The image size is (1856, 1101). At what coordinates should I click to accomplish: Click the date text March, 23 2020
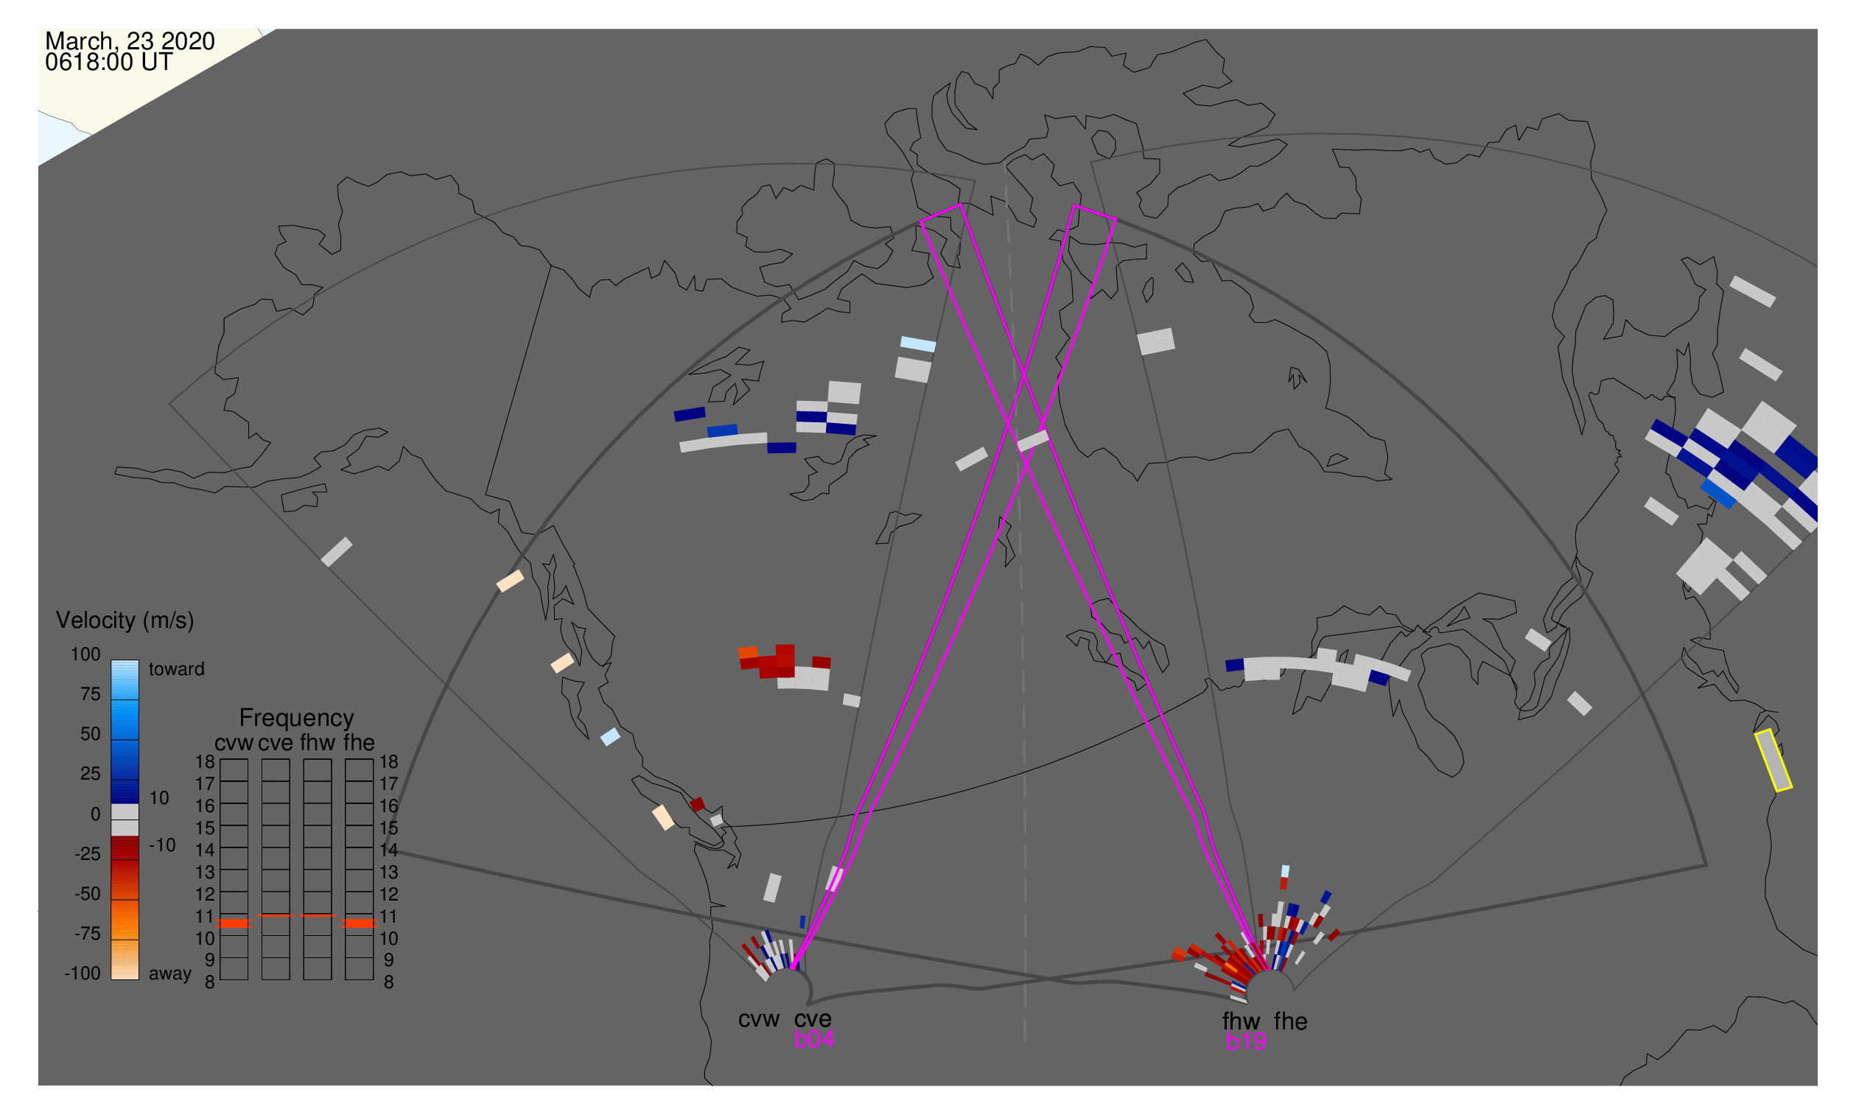(130, 41)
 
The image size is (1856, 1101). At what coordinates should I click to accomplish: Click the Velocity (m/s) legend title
(125, 621)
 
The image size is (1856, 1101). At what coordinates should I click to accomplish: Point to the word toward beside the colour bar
(177, 670)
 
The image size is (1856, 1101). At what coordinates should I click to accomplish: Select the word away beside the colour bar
(170, 974)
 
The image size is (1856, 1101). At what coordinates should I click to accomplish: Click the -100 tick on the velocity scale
(83, 974)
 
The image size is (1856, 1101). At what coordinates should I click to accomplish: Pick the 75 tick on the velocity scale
(91, 694)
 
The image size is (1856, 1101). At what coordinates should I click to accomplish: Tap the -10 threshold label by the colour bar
(162, 846)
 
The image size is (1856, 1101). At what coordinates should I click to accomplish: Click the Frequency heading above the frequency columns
(297, 719)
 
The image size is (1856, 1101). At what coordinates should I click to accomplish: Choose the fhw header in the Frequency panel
(318, 744)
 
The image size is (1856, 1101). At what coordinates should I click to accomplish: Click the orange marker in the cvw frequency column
(234, 924)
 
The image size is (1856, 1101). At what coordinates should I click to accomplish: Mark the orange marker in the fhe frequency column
(360, 924)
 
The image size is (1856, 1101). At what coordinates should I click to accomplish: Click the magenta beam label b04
(814, 1040)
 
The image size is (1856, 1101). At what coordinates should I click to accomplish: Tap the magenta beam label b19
(1246, 1042)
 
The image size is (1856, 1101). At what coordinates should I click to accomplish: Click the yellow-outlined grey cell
(1773, 761)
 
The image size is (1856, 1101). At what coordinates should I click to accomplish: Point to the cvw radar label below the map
(759, 1020)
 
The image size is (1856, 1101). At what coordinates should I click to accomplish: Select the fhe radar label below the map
(1291, 1022)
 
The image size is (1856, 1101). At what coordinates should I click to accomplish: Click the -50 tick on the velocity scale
(88, 895)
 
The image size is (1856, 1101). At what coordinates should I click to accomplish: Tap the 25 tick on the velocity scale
(91, 775)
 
